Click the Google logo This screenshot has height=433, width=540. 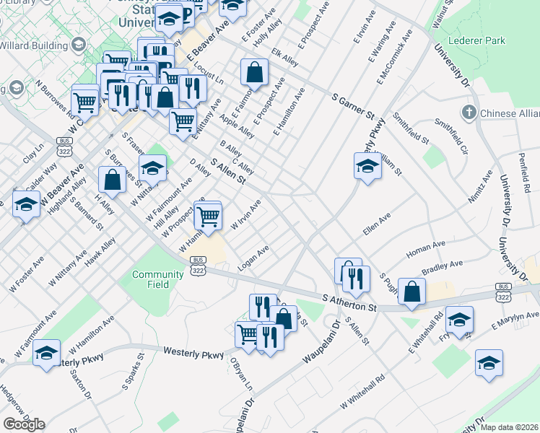pyautogui.click(x=24, y=424)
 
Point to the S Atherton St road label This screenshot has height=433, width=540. pyautogui.click(x=350, y=302)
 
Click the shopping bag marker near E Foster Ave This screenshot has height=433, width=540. pyautogui.click(x=254, y=73)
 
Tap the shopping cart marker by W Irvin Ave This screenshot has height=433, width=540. pyautogui.click(x=208, y=216)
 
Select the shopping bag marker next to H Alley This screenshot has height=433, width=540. pyautogui.click(x=113, y=180)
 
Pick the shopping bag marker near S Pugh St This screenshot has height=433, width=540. pyautogui.click(x=411, y=292)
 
